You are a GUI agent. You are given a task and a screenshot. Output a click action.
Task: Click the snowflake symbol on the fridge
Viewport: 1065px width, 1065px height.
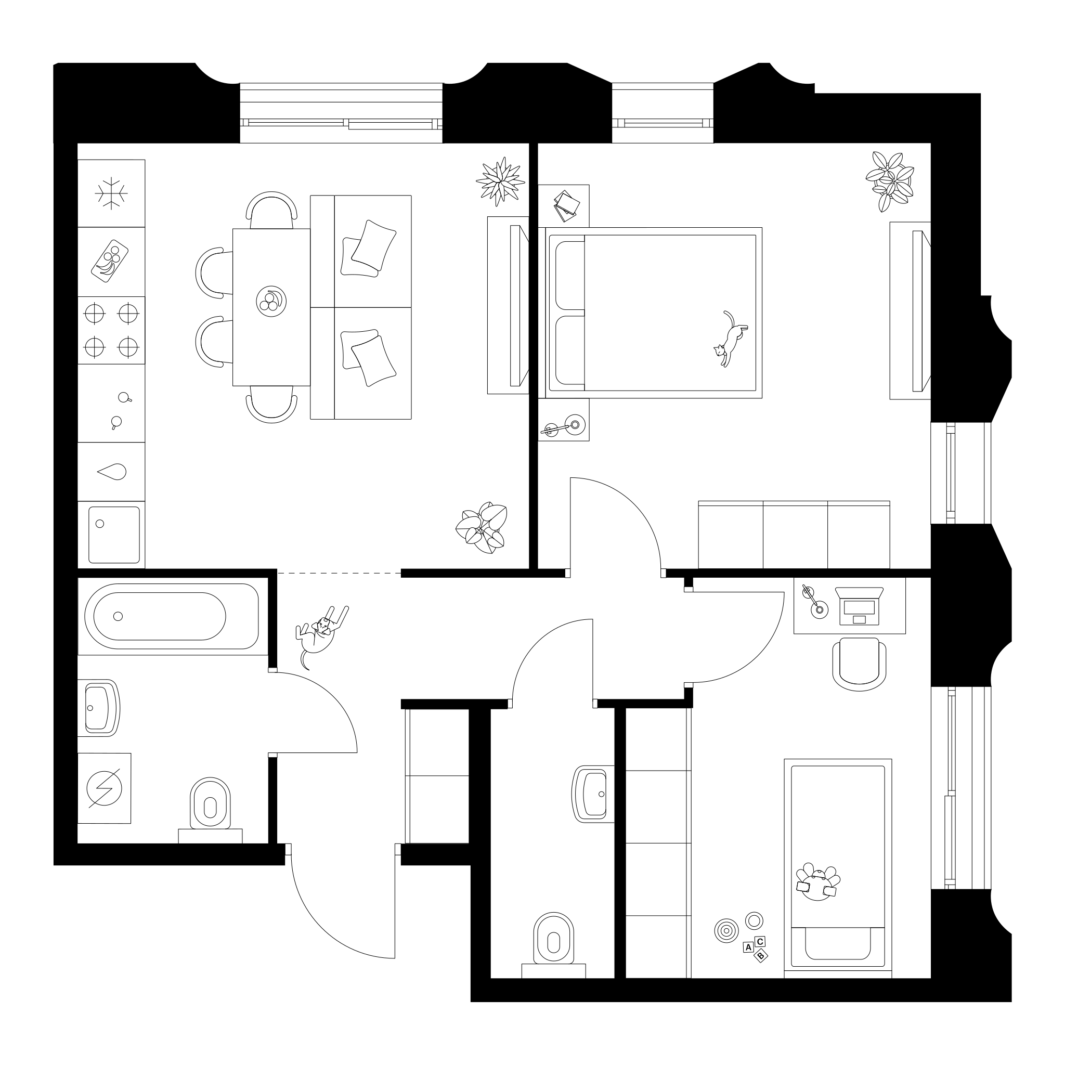pos(111,193)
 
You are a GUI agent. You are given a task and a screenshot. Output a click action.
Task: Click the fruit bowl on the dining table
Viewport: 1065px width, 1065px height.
pos(271,302)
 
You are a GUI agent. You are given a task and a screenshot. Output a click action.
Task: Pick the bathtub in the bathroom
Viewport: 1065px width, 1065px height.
pos(172,616)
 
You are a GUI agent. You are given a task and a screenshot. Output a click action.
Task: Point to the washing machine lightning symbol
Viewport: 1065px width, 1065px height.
pos(104,788)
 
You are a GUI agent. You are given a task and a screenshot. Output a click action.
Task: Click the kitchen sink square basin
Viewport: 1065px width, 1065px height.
pos(114,535)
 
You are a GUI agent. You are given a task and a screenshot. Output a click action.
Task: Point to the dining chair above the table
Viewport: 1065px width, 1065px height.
pos(271,210)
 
